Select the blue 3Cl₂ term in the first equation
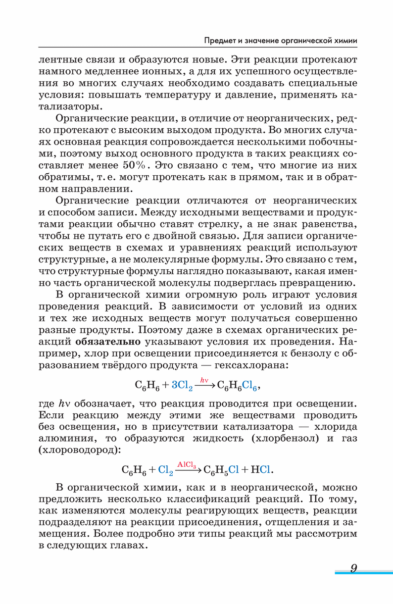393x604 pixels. pyautogui.click(x=182, y=386)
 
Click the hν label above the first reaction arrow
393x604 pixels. pyautogui.click(x=204, y=380)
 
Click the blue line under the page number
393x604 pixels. pyautogui.click(x=363, y=573)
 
